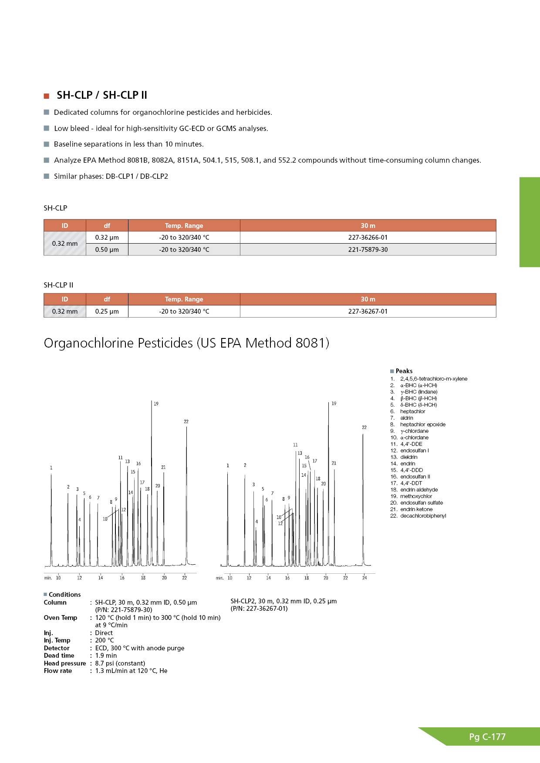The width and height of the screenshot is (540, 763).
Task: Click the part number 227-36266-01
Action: (368, 238)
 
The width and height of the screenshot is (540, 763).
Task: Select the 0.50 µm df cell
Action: (107, 250)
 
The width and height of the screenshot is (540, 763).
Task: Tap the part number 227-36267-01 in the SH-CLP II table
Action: (368, 311)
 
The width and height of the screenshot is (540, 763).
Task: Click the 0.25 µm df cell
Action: (107, 311)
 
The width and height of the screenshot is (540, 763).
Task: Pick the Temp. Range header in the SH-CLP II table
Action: (184, 299)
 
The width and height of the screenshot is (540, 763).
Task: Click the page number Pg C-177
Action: (487, 737)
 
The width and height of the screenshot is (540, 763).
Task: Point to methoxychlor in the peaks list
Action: (416, 496)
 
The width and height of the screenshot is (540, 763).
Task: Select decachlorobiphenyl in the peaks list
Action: (423, 516)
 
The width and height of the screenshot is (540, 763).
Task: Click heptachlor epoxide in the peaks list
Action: (422, 425)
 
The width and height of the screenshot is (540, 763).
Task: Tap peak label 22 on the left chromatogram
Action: (186, 422)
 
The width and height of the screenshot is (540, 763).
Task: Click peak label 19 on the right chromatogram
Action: (334, 404)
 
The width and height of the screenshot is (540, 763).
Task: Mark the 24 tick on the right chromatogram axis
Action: (364, 578)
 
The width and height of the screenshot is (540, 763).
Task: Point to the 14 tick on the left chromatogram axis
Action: (101, 578)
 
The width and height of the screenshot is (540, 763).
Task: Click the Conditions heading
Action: (64, 595)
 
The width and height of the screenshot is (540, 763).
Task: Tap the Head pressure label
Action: (65, 663)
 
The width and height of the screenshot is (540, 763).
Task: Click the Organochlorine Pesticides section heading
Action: (186, 343)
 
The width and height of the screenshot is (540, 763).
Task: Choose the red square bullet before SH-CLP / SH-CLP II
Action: (47, 96)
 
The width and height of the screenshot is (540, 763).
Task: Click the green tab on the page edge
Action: (530, 222)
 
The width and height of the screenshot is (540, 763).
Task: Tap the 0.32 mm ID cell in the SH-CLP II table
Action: (65, 311)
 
